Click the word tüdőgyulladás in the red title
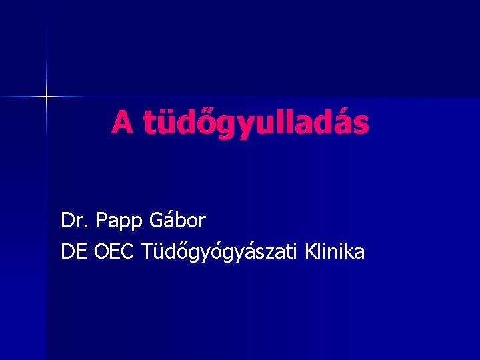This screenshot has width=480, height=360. coord(255,123)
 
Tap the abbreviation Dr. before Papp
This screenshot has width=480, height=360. coord(74,219)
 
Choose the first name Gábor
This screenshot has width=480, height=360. coord(178,219)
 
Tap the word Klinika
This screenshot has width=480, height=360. coord(335,251)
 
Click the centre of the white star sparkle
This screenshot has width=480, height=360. coord(47,97)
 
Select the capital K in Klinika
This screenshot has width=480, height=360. coord(310,252)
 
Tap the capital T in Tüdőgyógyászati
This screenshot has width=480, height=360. coord(147,252)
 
